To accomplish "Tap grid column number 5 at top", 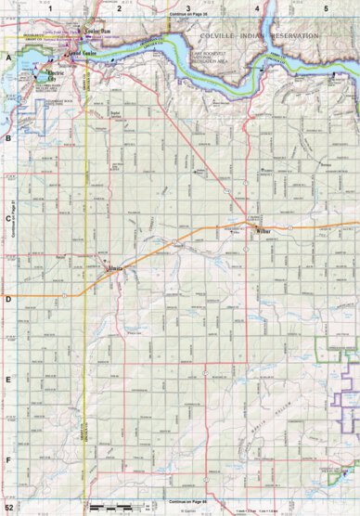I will [326, 7].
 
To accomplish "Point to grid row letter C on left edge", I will [8, 219].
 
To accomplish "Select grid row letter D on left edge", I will [8, 299].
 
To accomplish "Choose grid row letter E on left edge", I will [8, 380].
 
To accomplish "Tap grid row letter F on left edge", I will [8, 459].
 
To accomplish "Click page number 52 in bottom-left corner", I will [9, 509].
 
